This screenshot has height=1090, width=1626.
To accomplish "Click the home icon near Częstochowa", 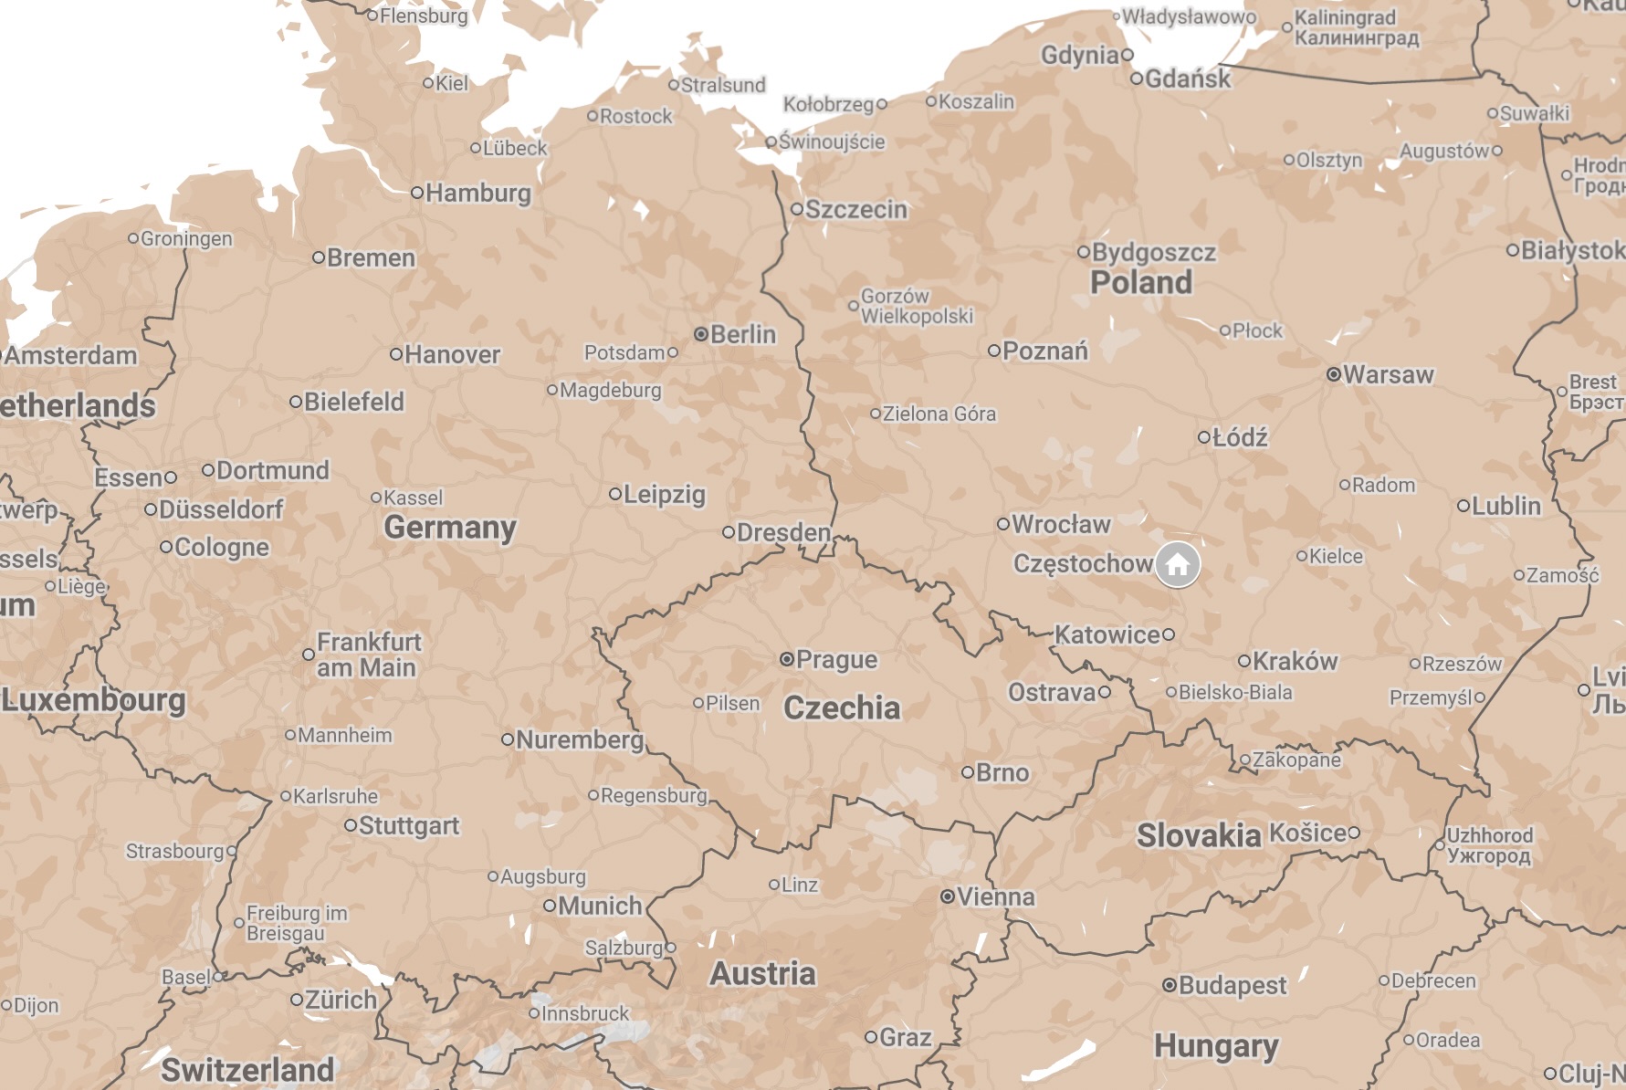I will coord(1178,565).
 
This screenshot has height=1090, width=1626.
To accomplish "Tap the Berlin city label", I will coord(742,335).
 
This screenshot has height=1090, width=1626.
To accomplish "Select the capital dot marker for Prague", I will coord(787,659).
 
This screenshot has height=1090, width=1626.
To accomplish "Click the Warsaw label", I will coord(1388,375).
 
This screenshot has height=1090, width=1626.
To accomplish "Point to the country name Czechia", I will coord(842,708).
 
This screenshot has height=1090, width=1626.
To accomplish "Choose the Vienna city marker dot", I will coord(948,897).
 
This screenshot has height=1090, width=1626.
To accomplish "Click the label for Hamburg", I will coord(477,194).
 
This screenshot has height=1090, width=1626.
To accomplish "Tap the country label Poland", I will coord(1141,283).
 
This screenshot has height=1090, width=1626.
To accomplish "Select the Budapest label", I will coord(1232,986).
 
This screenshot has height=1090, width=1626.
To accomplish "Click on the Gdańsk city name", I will coord(1187,79).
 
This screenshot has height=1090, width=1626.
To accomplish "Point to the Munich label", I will coord(600,907).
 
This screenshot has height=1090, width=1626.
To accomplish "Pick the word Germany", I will coord(450,528).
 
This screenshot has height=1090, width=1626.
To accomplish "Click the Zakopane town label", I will coord(1296,760).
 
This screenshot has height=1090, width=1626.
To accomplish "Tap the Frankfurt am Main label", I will coord(368,655).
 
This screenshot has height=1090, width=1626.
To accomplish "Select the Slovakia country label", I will coord(1198,835).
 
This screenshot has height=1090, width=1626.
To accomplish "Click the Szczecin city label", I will coord(855,210).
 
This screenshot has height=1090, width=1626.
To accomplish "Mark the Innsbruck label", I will coord(585,1014).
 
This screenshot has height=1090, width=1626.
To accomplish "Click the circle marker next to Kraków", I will coord(1243,661).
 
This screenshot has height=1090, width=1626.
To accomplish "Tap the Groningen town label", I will coord(186,239).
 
